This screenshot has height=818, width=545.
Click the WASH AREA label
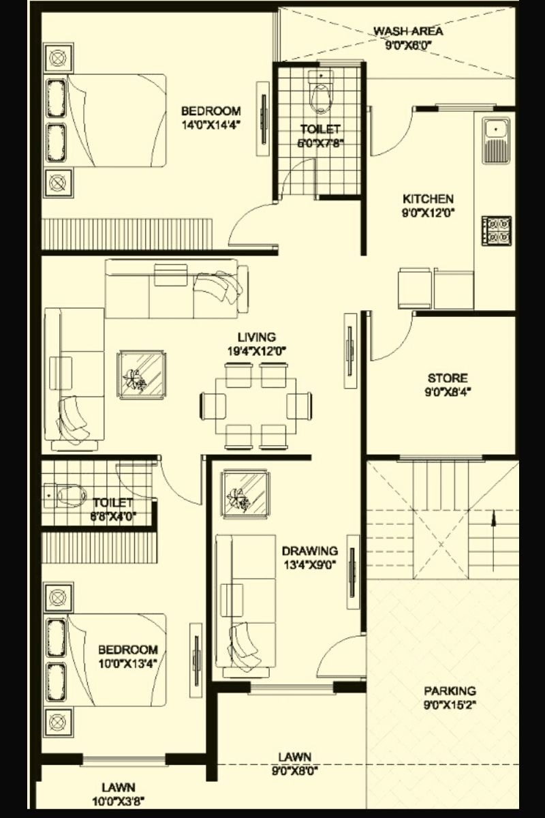tap(408, 31)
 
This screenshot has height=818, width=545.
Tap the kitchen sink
tap(496, 140)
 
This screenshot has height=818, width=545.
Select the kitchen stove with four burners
tap(497, 230)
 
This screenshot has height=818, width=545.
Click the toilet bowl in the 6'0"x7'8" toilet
tap(319, 95)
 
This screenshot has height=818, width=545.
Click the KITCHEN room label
tap(428, 198)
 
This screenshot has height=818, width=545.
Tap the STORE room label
tap(448, 378)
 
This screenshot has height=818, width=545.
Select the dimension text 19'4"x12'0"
tap(256, 350)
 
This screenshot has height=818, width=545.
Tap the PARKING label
tap(450, 691)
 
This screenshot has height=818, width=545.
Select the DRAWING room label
tap(310, 550)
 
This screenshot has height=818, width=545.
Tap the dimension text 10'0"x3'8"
tap(119, 801)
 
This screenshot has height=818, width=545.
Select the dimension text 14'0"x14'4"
tap(211, 124)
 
